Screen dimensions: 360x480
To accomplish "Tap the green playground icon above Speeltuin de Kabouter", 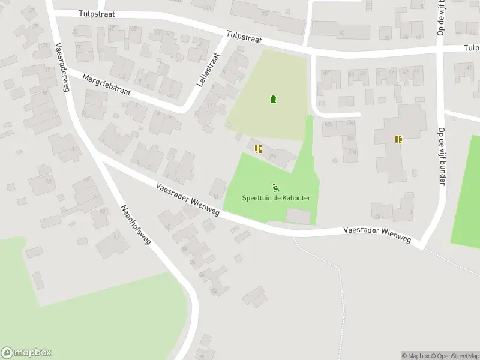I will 275,187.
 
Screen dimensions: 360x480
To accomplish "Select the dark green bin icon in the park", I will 274,99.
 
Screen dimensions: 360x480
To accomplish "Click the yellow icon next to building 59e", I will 258,149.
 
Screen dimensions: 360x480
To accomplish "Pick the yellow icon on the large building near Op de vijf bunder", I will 398,139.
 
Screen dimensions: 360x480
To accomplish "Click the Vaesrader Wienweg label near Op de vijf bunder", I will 377,234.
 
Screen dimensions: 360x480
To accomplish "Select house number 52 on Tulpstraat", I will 341,34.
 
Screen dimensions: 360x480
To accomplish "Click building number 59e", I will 272,156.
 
